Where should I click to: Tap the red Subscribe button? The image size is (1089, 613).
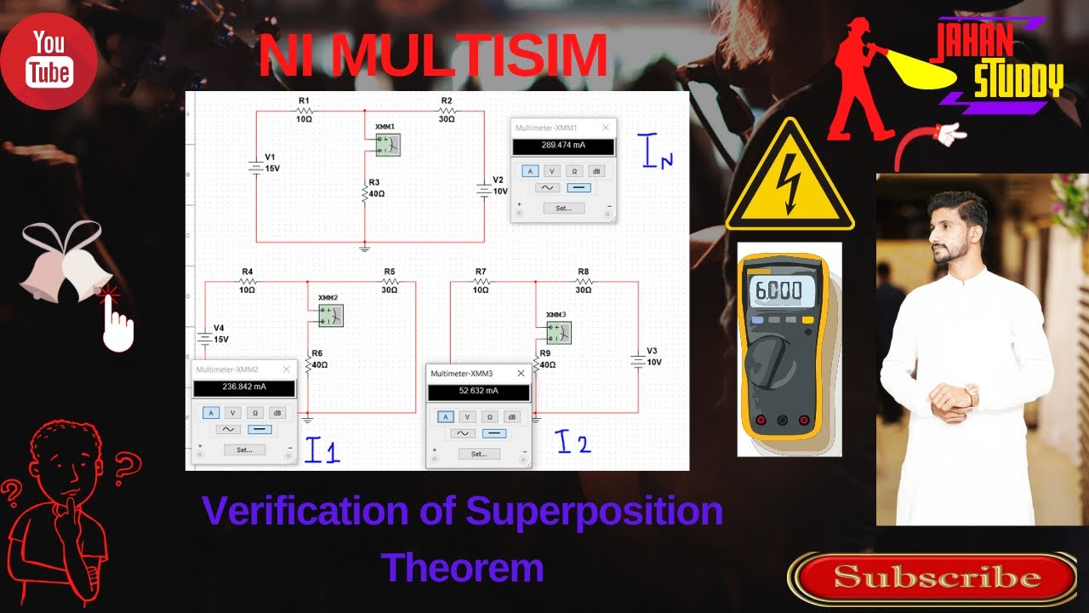pos(937,578)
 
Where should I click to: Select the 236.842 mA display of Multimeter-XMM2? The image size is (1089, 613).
pos(244,387)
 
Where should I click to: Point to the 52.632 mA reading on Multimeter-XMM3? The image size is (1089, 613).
pos(479,392)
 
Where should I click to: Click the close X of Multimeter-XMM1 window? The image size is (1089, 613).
pos(606,128)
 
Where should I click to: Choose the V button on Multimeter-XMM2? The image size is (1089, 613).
pos(232,412)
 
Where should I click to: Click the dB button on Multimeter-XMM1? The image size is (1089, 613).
pos(596,171)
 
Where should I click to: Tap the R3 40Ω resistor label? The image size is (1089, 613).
pos(375,188)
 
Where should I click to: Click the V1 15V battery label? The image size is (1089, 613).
pos(271,163)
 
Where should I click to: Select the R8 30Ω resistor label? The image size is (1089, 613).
pos(583,280)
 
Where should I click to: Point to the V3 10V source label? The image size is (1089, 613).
pos(653,356)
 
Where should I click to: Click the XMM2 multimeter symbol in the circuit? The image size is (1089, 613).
pos(330,315)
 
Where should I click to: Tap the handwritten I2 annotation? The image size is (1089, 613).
pos(573,442)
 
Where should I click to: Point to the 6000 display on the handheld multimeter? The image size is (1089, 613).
pos(779,290)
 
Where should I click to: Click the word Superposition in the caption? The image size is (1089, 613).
pos(594,512)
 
